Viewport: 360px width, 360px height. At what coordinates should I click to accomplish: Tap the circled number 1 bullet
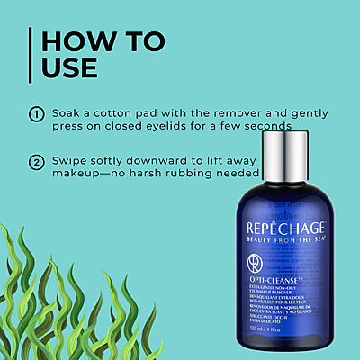click(37, 115)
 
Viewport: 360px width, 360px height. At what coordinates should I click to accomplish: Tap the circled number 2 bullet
click(37, 163)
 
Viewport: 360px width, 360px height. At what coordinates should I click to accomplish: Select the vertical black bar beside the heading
click(31, 58)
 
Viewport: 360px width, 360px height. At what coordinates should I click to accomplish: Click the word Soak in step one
click(66, 114)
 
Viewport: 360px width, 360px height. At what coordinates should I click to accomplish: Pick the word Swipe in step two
click(70, 162)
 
